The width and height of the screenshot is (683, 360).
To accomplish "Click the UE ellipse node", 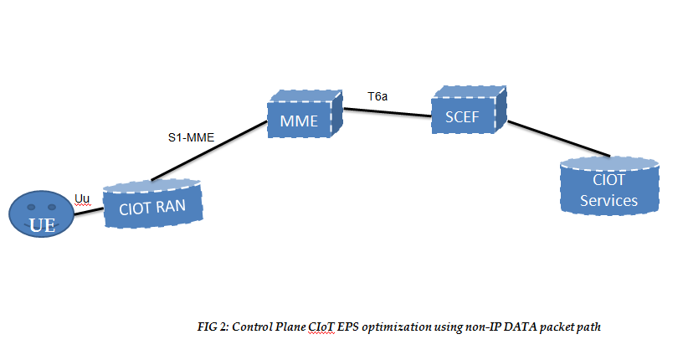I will coord(41,216).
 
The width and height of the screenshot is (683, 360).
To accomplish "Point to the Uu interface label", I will coord(82,198).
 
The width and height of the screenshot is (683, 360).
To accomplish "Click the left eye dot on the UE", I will coord(30,206).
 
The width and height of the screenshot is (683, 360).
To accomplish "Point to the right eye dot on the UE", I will coord(52,206).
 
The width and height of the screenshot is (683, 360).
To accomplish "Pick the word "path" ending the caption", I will coord(588,327).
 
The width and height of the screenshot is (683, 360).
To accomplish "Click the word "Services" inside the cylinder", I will coord(609,201).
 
